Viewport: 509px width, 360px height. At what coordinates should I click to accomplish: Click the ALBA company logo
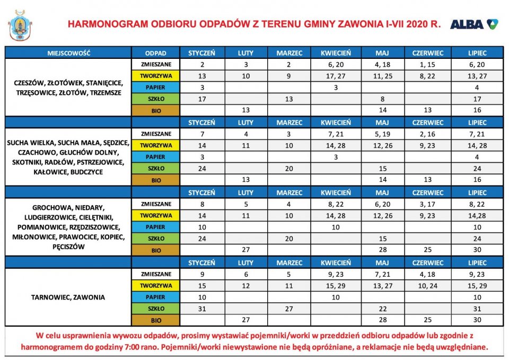point(474,24)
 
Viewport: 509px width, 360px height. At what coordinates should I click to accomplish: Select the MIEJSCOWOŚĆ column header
point(68,53)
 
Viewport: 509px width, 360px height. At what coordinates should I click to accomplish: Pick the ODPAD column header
point(156,53)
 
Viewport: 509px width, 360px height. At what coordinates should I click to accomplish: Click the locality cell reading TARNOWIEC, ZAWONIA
point(68,297)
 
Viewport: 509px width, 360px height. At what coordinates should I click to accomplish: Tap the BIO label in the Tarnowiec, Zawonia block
point(156,320)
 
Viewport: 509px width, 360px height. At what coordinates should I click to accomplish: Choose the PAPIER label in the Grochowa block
point(156,227)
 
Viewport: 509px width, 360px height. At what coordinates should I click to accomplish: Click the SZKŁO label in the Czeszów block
point(156,99)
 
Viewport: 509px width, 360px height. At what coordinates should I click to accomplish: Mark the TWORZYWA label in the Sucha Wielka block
point(156,145)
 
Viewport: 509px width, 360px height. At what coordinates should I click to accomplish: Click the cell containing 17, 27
point(336,76)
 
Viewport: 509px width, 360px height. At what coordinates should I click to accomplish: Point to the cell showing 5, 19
point(382,134)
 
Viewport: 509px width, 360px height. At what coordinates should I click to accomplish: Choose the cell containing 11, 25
point(382,76)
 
